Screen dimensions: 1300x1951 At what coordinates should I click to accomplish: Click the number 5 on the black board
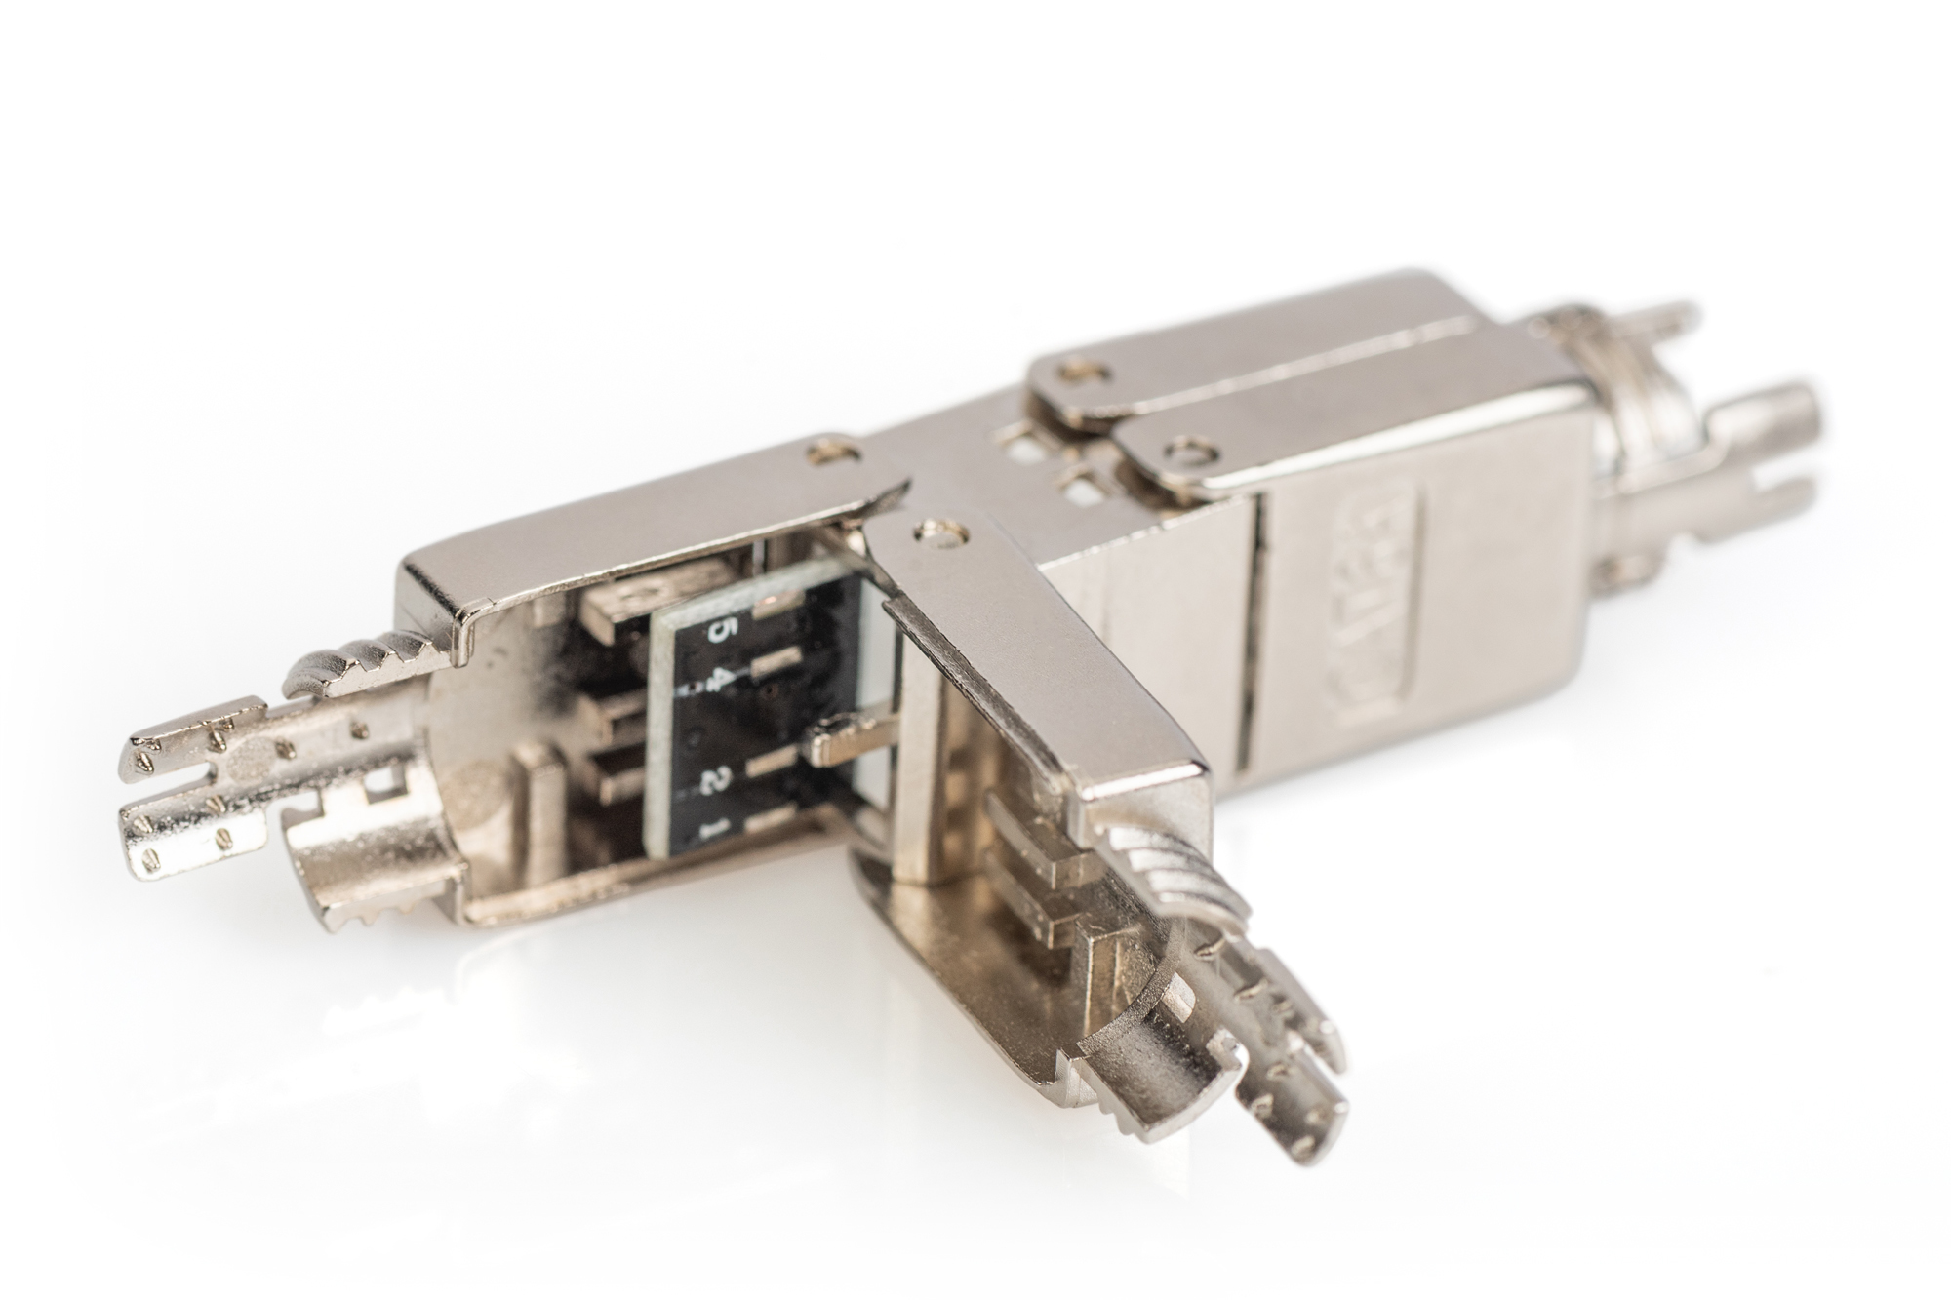click(x=719, y=631)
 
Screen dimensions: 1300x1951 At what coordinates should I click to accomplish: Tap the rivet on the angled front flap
click(x=942, y=533)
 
